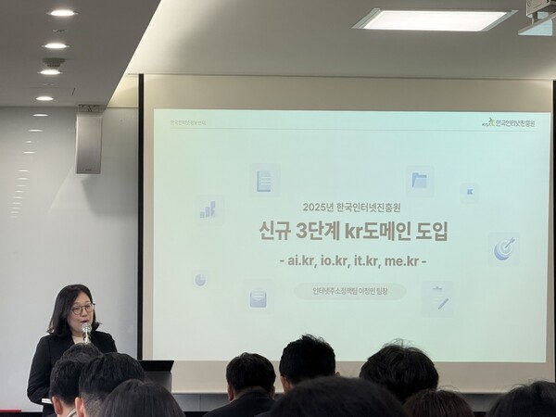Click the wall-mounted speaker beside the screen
(89, 145)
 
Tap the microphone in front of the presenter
(86, 329)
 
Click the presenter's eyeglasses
(82, 309)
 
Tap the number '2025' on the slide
(317, 207)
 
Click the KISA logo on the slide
(508, 121)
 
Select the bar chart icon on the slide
(208, 209)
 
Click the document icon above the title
(264, 180)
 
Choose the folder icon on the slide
(419, 180)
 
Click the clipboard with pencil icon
(436, 298)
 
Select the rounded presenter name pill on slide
(350, 291)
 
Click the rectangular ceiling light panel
(435, 19)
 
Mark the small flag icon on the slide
(470, 192)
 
